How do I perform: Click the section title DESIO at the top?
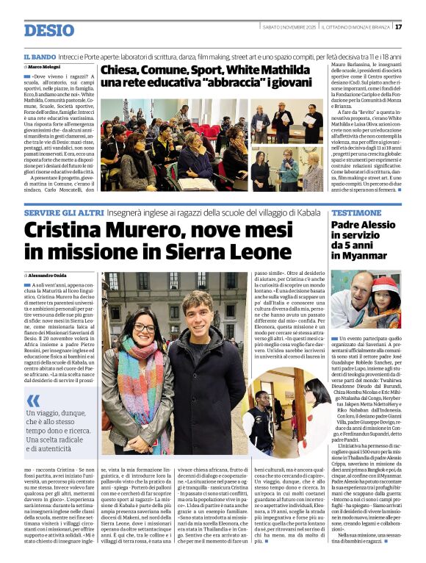click(x=48, y=30)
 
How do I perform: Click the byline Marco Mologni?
click(x=47, y=68)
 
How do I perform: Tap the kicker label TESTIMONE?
click(x=356, y=211)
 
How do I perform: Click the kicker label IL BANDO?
click(x=39, y=57)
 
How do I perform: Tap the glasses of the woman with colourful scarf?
click(x=144, y=327)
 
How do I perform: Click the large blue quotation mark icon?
click(x=34, y=401)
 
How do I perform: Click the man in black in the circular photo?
click(x=264, y=413)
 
